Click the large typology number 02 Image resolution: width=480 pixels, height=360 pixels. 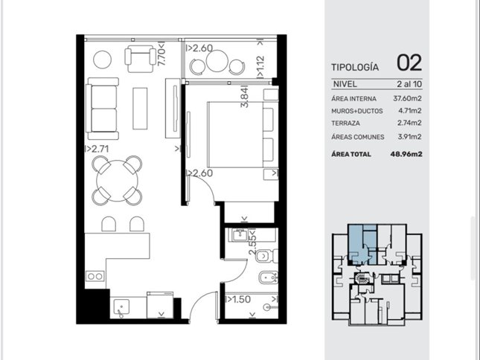409,62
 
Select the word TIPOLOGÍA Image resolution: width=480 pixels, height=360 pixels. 355,67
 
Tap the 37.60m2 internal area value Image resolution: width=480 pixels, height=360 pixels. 407,98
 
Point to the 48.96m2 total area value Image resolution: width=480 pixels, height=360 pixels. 406,154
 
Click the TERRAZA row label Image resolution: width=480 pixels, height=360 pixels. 345,123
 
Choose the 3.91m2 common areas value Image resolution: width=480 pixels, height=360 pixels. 409,137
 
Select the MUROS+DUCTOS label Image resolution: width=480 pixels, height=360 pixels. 357,111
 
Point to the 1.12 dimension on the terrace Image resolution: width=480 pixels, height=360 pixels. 260,66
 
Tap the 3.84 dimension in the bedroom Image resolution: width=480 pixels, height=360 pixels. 245,97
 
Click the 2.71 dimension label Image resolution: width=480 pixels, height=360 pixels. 97,149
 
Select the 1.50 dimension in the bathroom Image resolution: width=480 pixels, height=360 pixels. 238,299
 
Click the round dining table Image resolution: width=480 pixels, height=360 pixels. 118,181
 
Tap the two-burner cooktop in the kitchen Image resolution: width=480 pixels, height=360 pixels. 95,277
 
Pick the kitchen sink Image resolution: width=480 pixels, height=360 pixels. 121,306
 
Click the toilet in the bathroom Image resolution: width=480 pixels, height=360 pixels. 266,256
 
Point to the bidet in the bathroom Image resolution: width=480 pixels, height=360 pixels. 268,278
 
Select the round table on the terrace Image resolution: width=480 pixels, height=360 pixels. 217,60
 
